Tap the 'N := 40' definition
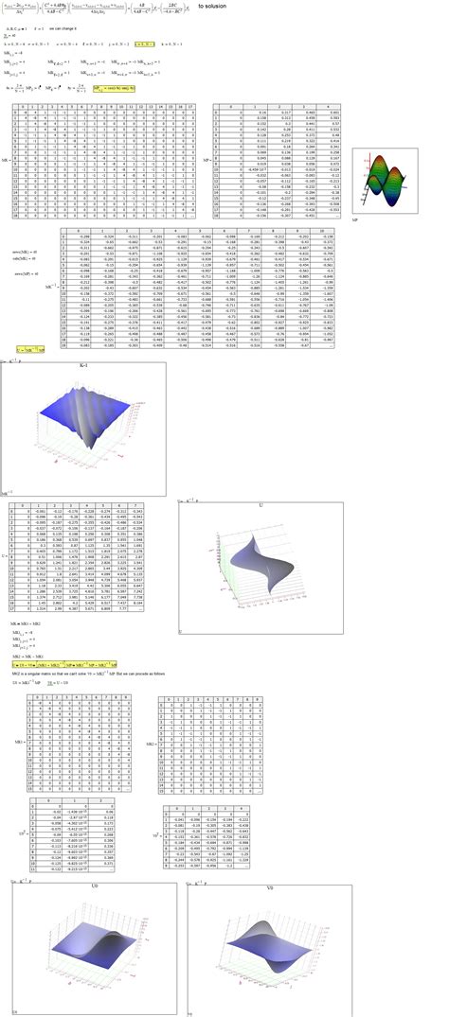[x=10, y=36]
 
